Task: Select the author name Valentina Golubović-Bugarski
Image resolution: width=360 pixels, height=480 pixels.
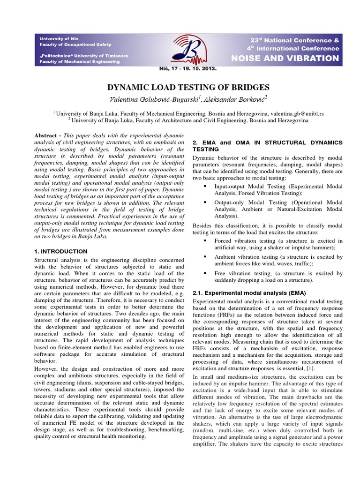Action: click(x=146, y=98)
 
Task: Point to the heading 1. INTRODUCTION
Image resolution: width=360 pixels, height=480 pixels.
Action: click(x=61, y=251)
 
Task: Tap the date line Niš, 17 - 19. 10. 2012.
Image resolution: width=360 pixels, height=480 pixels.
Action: click(x=188, y=68)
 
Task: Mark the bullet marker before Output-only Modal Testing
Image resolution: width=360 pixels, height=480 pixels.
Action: click(x=206, y=202)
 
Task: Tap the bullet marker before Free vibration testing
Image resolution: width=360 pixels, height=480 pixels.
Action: click(x=206, y=273)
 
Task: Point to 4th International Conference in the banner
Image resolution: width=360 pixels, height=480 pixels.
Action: click(x=292, y=48)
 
